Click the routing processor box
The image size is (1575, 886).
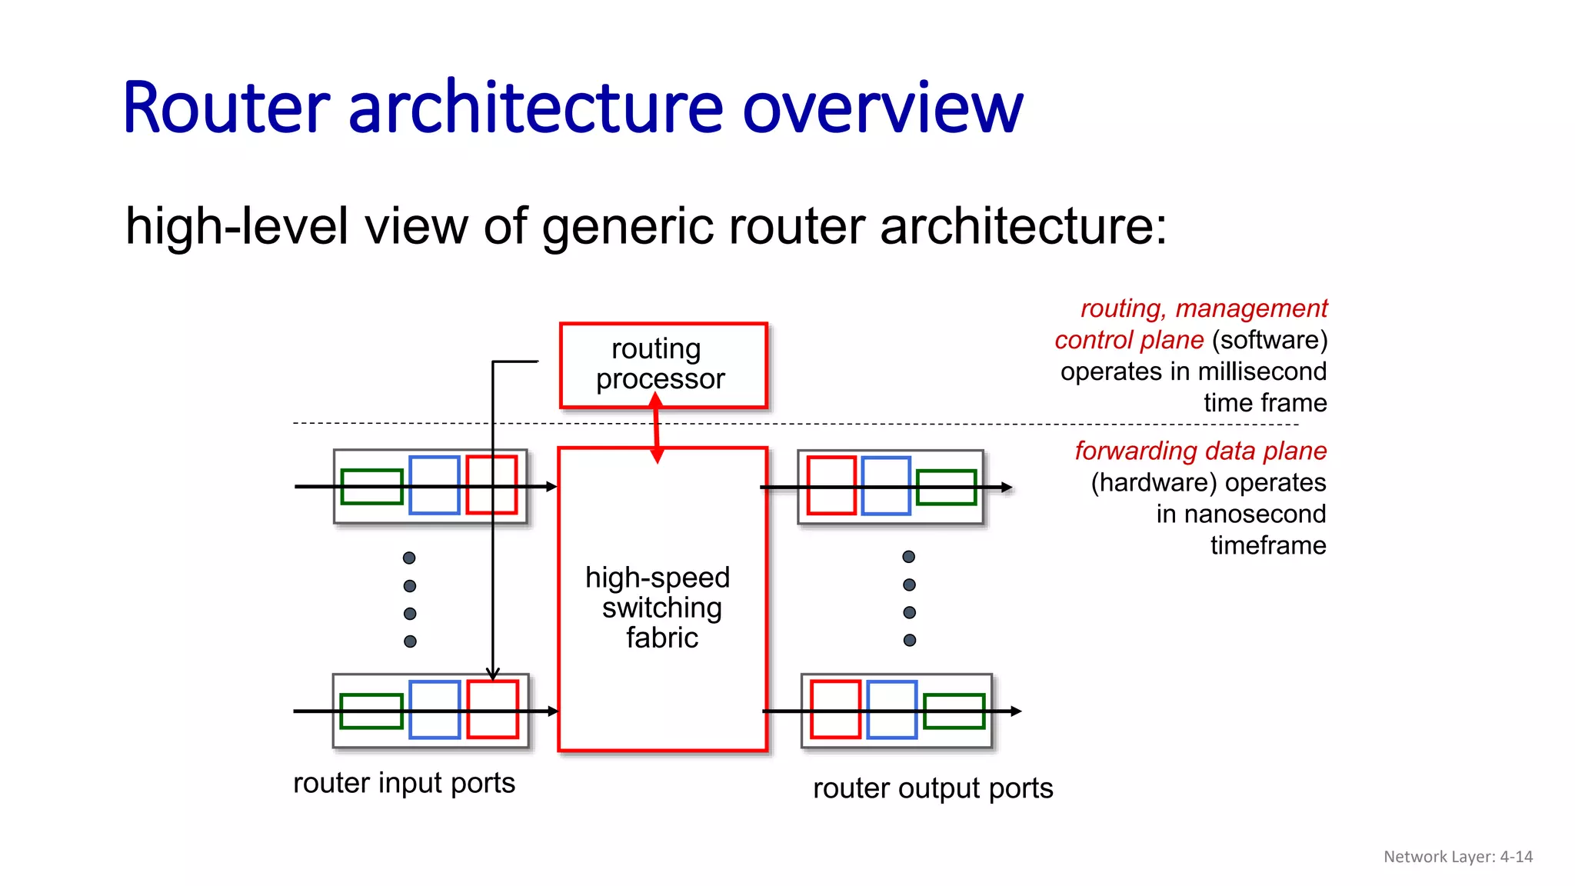pyautogui.click(x=663, y=365)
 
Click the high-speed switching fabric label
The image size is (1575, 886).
pyautogui.click(x=659, y=608)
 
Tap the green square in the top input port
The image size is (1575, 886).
pyautogui.click(x=371, y=487)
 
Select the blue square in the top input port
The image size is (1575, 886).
pyautogui.click(x=434, y=485)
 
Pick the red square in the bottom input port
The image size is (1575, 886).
pyautogui.click(x=493, y=709)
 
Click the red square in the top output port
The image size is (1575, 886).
pyautogui.click(x=831, y=485)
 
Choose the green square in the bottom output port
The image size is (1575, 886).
pyautogui.click(x=954, y=711)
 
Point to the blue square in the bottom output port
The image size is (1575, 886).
pyautogui.click(x=891, y=709)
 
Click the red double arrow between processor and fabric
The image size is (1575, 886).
pyautogui.click(x=657, y=428)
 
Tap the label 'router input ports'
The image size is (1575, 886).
pyautogui.click(x=404, y=783)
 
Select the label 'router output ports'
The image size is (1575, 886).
pyautogui.click(x=932, y=788)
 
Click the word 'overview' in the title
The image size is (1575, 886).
pyautogui.click(x=882, y=108)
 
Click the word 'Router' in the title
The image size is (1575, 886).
pyautogui.click(x=226, y=108)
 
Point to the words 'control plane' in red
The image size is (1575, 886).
pyautogui.click(x=1128, y=340)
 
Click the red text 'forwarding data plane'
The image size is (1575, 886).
pyautogui.click(x=1200, y=451)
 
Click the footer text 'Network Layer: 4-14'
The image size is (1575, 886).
pyautogui.click(x=1457, y=857)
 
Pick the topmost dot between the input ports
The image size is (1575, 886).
pyautogui.click(x=409, y=558)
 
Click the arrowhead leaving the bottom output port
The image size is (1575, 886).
pyautogui.click(x=1016, y=711)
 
